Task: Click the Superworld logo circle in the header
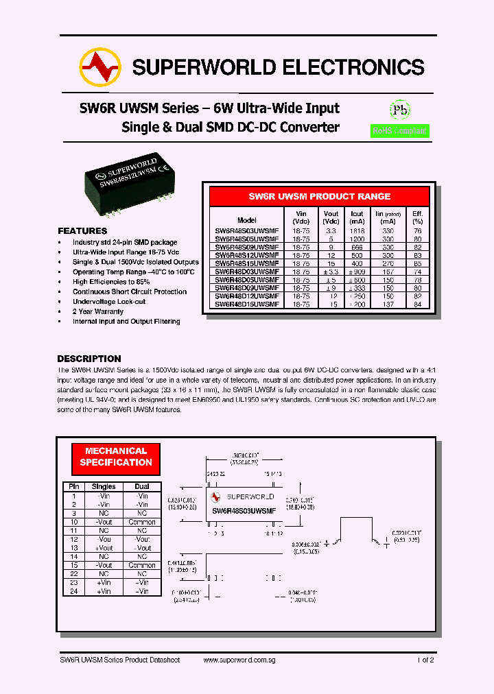(100, 67)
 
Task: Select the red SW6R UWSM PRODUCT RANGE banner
(319, 196)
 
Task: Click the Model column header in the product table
(246, 221)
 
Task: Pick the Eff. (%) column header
(417, 217)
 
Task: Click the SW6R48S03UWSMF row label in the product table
(246, 232)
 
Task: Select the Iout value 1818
(357, 232)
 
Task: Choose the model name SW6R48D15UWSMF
(246, 304)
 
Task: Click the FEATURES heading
(82, 231)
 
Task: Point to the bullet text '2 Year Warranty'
(98, 311)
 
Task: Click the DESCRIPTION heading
(89, 359)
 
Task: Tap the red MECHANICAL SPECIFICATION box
(116, 457)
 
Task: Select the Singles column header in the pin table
(104, 487)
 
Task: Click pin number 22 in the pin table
(73, 574)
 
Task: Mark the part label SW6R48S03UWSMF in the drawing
(244, 511)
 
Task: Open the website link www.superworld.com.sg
(239, 660)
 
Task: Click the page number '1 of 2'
(425, 660)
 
